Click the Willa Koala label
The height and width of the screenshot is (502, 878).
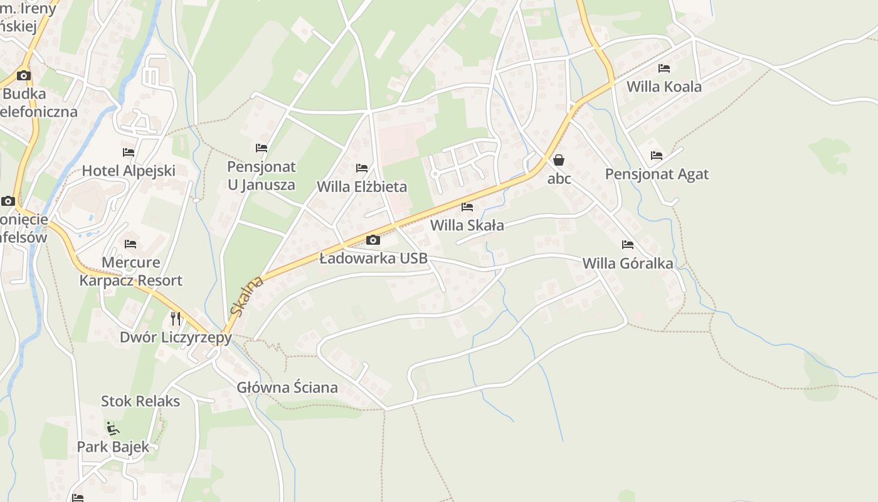pos(664,87)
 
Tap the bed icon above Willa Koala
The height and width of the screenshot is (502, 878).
pos(664,68)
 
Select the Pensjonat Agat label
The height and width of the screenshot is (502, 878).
pos(657,174)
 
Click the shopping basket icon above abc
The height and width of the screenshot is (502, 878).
pos(559,160)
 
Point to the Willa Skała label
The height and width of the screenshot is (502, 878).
pos(467,225)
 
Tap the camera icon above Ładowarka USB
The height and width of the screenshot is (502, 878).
pos(373,240)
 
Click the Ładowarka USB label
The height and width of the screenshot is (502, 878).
pos(374,258)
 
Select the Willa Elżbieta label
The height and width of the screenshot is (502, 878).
pos(362,186)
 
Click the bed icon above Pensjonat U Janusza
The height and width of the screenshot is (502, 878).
pos(262,148)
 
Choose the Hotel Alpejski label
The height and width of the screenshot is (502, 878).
pos(129,171)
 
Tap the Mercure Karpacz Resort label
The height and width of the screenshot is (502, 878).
pos(130,271)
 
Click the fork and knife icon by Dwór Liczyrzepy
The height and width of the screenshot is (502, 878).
pos(176,319)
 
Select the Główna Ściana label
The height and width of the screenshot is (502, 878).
pos(287,387)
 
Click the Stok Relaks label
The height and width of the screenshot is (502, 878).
pos(140,401)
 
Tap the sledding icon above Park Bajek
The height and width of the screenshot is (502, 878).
pos(113,429)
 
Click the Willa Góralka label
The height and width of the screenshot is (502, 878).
pos(628,263)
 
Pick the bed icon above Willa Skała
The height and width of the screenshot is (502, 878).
pos(467,207)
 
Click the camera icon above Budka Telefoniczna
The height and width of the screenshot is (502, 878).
pos(24,76)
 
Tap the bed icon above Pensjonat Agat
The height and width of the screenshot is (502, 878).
pos(657,156)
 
